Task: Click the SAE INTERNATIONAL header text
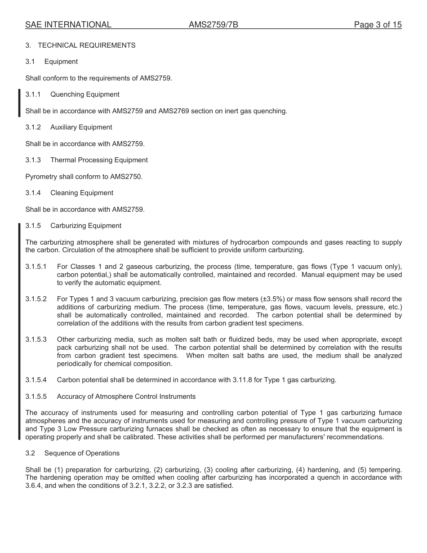click(68, 25)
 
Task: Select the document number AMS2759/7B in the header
click(213, 25)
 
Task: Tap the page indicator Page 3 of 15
click(378, 25)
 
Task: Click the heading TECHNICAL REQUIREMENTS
click(86, 45)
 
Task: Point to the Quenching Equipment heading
click(85, 94)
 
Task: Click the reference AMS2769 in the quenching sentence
click(173, 111)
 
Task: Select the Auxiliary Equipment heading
click(81, 127)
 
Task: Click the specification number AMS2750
click(126, 177)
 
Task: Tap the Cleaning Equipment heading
click(82, 193)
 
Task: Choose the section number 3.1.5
click(33, 226)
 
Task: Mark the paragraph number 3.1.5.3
click(36, 339)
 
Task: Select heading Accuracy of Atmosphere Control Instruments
click(126, 397)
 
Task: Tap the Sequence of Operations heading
click(82, 453)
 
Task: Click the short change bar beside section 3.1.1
click(19, 103)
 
